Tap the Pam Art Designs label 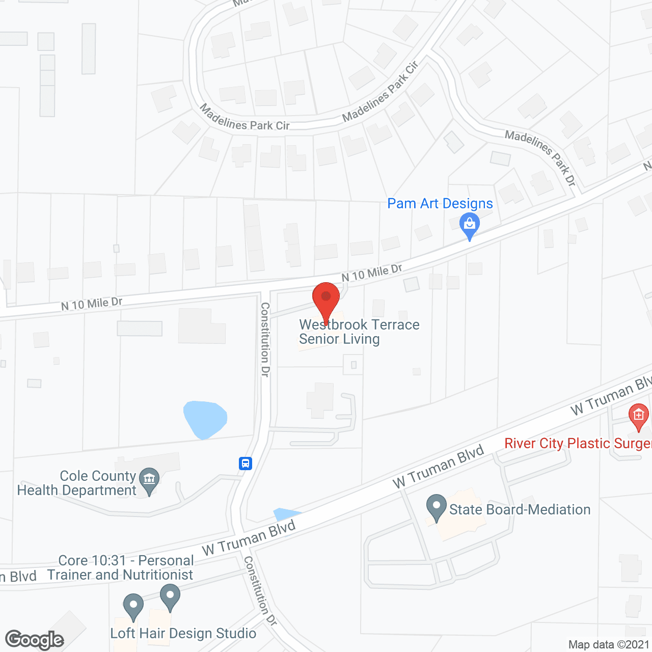point(440,204)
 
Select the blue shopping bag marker point(469,225)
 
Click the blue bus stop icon point(246,464)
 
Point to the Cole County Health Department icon point(149,480)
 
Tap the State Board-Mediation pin point(436,507)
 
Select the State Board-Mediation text point(520,509)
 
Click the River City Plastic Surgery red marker point(638,416)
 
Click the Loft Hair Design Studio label point(183,633)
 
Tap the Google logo point(34,640)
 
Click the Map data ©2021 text point(609,644)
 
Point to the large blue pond point(204,419)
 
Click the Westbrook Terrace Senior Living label point(359,332)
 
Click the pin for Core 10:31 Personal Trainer point(170,596)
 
